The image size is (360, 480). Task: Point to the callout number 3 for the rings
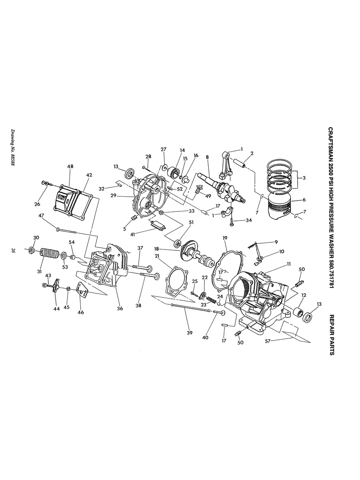coord(304,178)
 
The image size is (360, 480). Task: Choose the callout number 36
coord(120,308)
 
